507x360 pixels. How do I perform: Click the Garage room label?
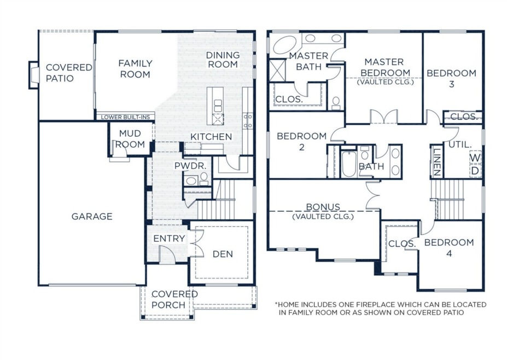tap(92, 217)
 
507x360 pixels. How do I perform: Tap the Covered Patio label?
tap(69, 73)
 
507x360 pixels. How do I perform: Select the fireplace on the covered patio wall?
tap(34, 75)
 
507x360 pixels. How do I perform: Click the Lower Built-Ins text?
tap(125, 117)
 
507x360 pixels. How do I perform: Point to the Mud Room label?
tap(130, 139)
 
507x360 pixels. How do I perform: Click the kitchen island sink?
tap(218, 106)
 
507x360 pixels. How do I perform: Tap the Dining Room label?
tap(223, 60)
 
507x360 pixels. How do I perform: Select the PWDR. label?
tap(190, 166)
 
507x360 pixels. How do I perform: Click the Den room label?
tap(223, 254)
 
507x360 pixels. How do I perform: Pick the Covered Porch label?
tap(174, 299)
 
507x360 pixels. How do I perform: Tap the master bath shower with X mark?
tap(277, 70)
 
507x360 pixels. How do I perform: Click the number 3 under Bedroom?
tap(452, 84)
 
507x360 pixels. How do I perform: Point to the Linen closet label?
tap(436, 162)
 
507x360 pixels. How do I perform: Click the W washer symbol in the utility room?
tap(475, 158)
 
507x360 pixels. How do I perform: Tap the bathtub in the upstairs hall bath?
tap(349, 164)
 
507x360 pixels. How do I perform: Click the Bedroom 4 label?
tap(449, 247)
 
